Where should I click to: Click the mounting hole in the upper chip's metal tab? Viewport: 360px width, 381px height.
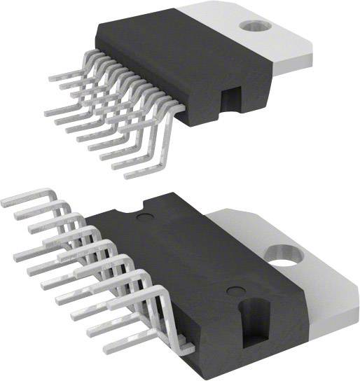251,26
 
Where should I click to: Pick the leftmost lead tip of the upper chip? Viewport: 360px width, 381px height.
47,112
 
